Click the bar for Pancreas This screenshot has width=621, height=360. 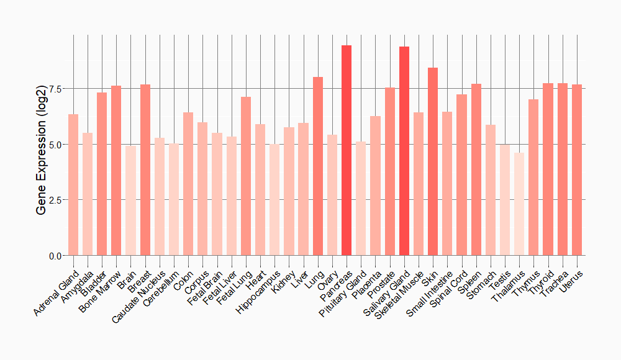click(x=347, y=150)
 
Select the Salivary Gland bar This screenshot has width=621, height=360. click(x=404, y=151)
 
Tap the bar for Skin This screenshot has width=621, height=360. click(x=433, y=161)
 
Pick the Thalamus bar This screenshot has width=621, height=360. click(x=519, y=204)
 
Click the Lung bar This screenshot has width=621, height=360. click(x=318, y=166)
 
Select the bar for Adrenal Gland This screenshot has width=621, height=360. click(x=73, y=185)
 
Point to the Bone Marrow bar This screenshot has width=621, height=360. click(x=116, y=171)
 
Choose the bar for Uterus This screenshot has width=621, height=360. click(x=577, y=170)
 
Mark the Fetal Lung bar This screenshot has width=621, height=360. click(x=246, y=176)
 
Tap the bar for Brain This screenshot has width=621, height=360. click(x=130, y=201)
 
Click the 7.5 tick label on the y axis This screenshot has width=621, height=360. click(x=55, y=89)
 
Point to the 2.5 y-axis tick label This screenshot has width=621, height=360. click(x=55, y=200)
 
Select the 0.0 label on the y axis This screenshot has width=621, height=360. click(x=55, y=256)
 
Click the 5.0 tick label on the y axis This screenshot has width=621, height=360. click(x=55, y=145)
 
